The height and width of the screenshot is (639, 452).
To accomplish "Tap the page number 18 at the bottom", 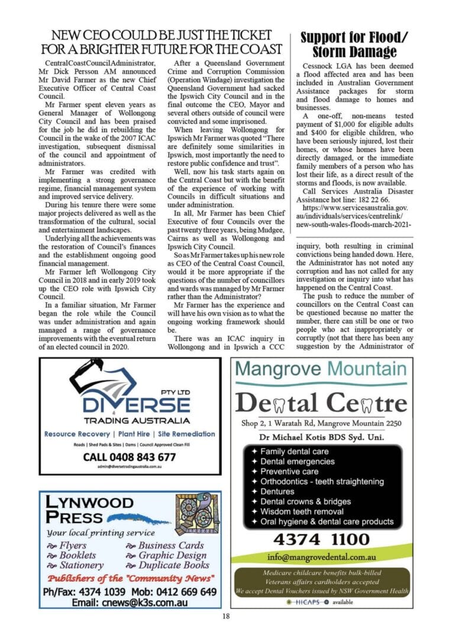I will [x=226, y=617].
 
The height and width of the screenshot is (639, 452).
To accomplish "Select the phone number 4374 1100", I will [x=321, y=539].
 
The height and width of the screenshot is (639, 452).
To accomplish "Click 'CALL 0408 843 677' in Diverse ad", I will [x=130, y=457].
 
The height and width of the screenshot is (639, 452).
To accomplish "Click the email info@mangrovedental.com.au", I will [x=321, y=557].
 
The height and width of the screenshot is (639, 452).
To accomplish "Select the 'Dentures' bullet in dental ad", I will [x=277, y=491].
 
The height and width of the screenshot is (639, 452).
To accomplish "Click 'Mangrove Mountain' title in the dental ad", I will [x=321, y=369].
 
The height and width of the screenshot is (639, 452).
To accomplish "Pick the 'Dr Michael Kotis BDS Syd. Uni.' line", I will [x=321, y=437].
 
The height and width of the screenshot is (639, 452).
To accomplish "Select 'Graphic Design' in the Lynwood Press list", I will [x=172, y=555].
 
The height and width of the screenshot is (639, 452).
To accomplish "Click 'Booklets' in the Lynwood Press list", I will [x=77, y=555].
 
